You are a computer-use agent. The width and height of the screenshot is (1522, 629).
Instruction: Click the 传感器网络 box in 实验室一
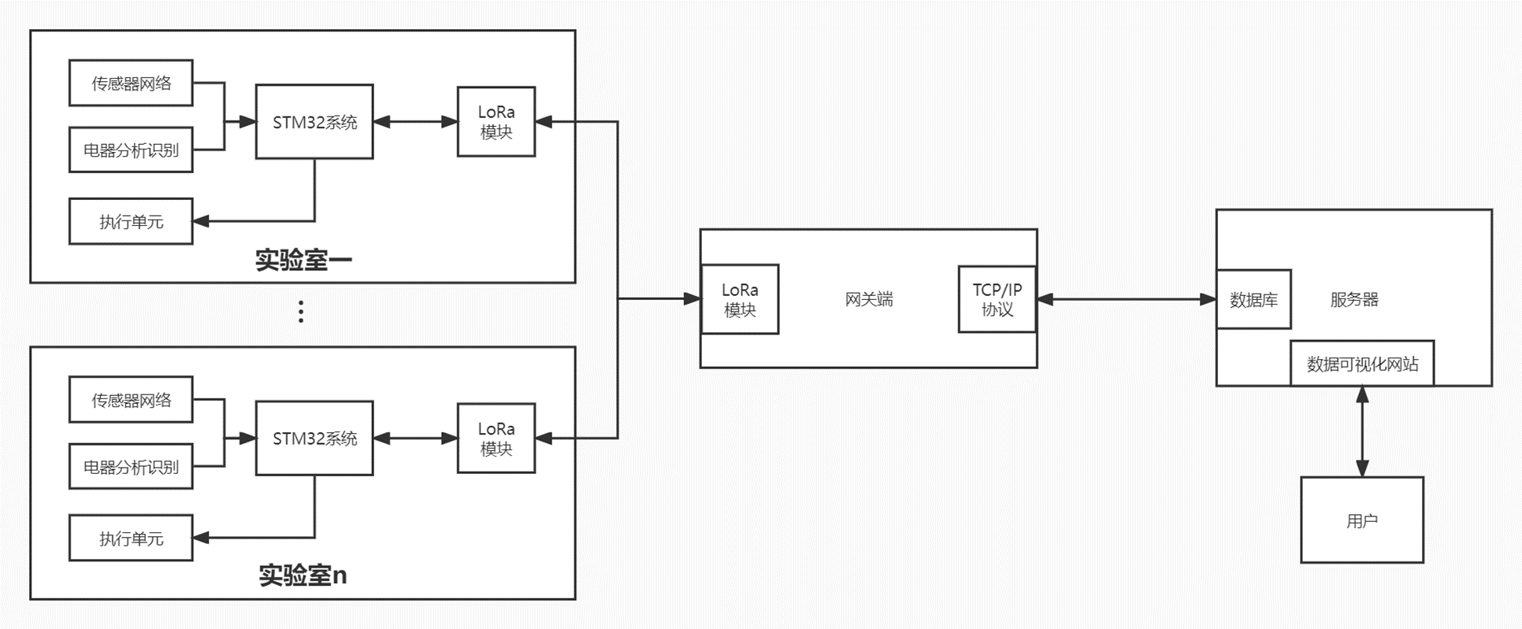(x=131, y=83)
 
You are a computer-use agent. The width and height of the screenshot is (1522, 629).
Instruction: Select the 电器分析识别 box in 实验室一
(x=131, y=150)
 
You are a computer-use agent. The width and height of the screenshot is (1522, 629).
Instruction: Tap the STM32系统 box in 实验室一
(x=314, y=122)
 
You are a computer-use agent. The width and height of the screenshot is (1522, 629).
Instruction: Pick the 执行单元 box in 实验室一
(x=131, y=221)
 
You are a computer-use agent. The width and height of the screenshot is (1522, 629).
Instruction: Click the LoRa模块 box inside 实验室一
(x=496, y=122)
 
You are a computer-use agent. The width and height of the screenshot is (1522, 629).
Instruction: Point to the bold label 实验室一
(x=303, y=260)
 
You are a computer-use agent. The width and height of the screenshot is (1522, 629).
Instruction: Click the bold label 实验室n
(x=303, y=575)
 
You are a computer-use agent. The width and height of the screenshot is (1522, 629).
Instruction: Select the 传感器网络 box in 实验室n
(x=131, y=400)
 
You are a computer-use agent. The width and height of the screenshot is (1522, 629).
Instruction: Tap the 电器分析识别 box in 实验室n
(x=131, y=467)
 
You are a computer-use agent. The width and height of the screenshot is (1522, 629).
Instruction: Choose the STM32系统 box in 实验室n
(x=314, y=438)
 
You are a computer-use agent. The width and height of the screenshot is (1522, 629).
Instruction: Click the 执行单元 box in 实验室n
(x=131, y=538)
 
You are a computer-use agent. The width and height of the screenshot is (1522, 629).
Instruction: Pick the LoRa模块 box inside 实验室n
(x=496, y=438)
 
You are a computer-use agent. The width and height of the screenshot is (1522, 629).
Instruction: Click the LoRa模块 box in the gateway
(x=740, y=299)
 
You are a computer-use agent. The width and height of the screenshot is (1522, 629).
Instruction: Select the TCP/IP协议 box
(x=997, y=299)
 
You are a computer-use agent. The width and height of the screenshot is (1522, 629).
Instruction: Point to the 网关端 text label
(x=869, y=299)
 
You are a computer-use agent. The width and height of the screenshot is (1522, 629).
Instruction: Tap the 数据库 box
(x=1253, y=299)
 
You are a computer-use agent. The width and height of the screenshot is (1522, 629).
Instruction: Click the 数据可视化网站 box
(x=1362, y=364)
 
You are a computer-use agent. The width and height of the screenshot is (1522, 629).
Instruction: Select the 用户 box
(x=1362, y=520)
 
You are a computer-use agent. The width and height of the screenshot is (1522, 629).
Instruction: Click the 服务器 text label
(x=1354, y=299)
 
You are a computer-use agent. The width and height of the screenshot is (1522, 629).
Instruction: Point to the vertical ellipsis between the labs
(x=301, y=312)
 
